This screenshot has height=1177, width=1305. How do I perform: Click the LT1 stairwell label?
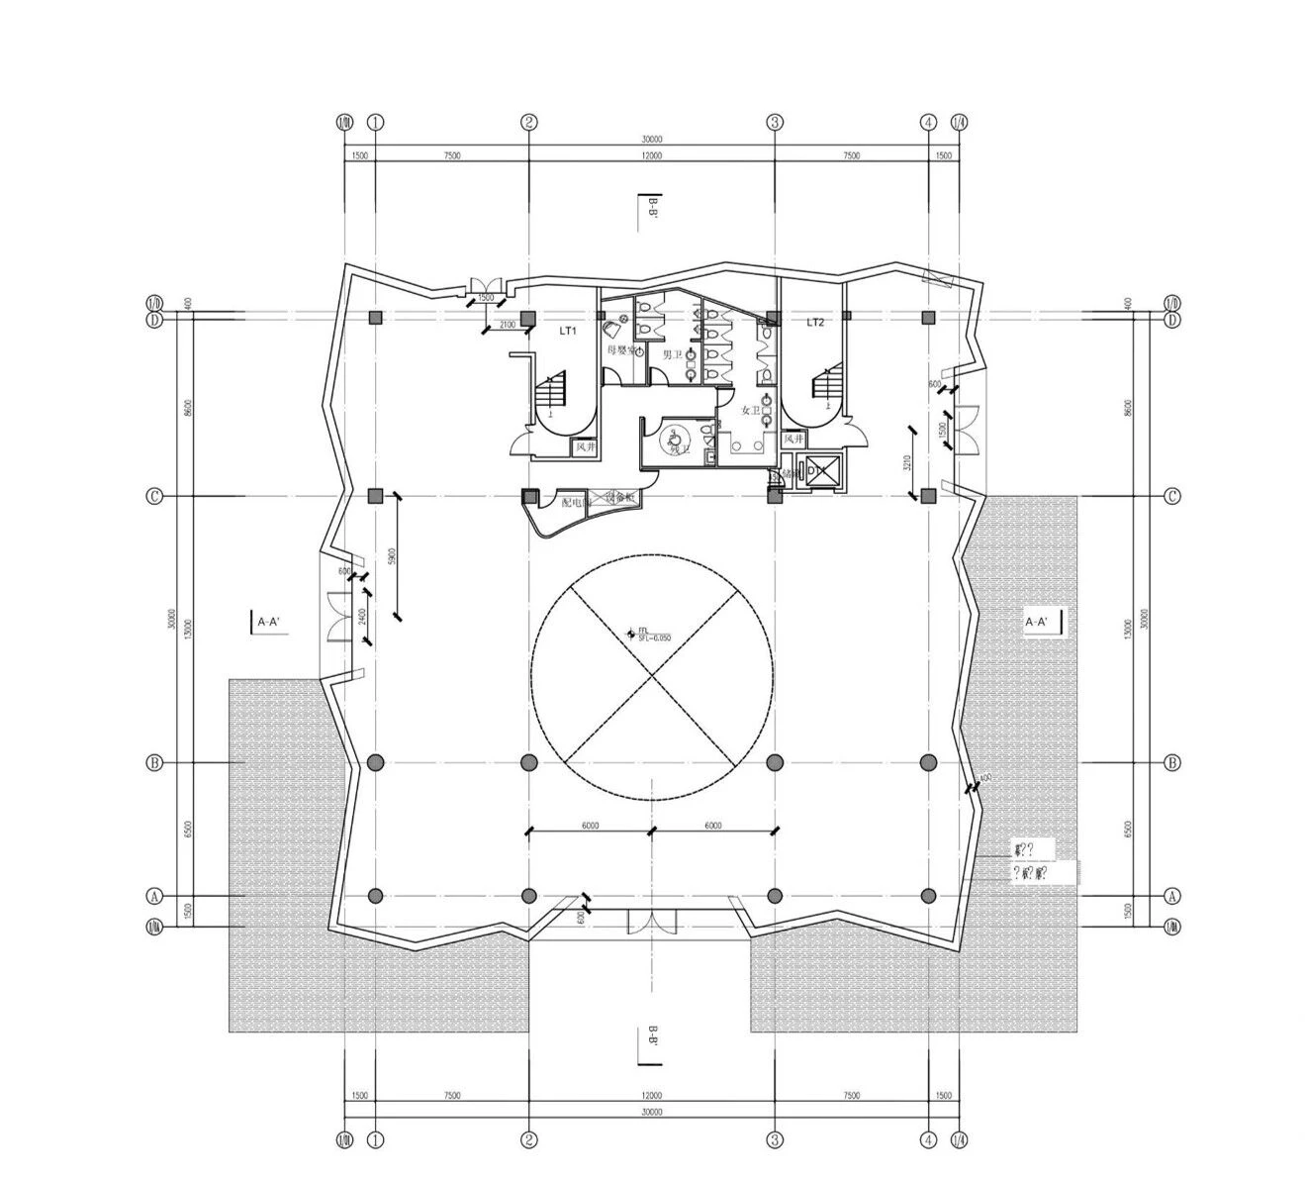[567, 332]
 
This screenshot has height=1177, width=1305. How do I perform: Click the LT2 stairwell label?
[815, 322]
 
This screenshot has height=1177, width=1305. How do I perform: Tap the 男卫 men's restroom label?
[672, 354]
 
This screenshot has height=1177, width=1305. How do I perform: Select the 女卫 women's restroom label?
[751, 410]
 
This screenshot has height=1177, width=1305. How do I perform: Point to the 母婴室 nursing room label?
[620, 349]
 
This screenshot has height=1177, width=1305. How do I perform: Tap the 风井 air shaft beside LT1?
[586, 447]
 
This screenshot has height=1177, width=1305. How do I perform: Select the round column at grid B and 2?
[529, 762]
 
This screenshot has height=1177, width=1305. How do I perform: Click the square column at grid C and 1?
[375, 495]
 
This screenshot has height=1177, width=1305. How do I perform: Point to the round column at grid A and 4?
[928, 896]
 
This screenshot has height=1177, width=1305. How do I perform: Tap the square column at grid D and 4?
[928, 318]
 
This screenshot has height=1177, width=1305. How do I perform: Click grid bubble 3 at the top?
[776, 123]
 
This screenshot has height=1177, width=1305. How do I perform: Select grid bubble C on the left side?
[154, 496]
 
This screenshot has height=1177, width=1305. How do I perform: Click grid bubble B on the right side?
[1172, 763]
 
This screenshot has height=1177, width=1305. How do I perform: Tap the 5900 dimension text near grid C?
[393, 555]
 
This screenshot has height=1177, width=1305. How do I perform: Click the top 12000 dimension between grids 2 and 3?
[651, 155]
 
